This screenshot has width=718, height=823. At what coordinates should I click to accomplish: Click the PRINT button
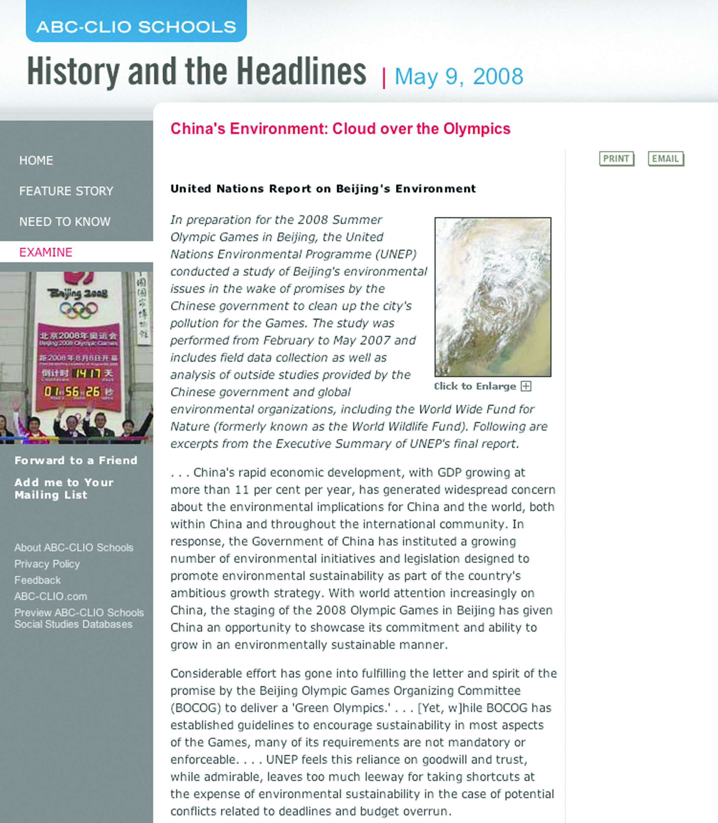click(x=616, y=159)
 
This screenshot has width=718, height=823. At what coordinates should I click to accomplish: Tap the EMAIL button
click(x=665, y=159)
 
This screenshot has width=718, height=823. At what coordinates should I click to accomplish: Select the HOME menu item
click(x=36, y=161)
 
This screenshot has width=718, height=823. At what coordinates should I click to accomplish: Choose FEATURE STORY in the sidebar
click(x=66, y=191)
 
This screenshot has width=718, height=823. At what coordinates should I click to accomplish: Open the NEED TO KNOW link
click(x=65, y=221)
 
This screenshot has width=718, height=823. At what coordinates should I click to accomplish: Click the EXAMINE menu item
click(x=46, y=252)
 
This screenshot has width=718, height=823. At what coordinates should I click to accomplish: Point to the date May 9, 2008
click(x=459, y=76)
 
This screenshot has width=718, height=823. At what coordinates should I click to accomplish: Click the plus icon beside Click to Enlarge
click(x=526, y=386)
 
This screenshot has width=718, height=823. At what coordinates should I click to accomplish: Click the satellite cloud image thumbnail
click(x=493, y=297)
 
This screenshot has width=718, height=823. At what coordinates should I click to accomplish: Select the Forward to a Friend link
click(x=76, y=461)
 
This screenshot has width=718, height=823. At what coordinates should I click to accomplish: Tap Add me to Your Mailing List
click(x=64, y=489)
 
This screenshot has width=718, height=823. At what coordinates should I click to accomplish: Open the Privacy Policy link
click(x=47, y=564)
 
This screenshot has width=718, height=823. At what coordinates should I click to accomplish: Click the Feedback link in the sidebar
click(x=37, y=580)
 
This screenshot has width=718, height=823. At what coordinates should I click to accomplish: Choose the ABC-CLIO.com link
click(x=51, y=597)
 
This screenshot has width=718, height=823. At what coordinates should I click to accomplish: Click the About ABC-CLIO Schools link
click(x=74, y=548)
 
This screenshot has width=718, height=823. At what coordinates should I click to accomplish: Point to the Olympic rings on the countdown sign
click(x=79, y=310)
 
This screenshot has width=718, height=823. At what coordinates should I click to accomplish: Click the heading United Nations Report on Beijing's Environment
click(x=323, y=189)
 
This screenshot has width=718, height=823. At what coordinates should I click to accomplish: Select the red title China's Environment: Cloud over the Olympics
click(x=340, y=129)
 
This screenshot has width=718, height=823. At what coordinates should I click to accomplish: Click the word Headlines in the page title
click(x=301, y=72)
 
